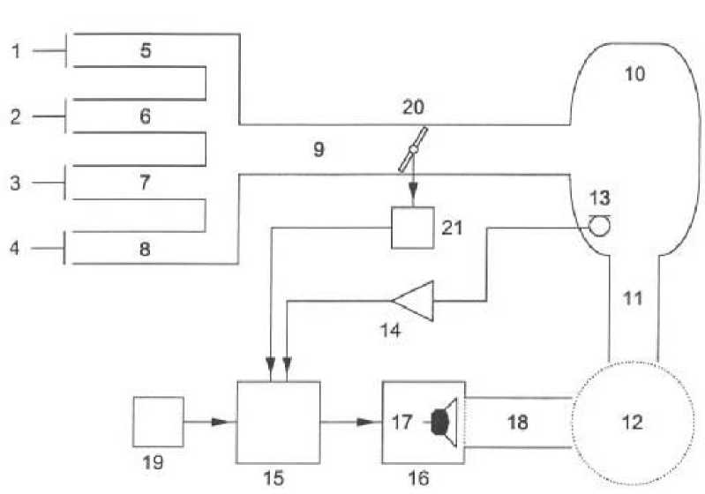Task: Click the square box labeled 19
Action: (158, 422)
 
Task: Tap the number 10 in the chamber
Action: (634, 74)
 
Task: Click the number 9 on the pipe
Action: (318, 148)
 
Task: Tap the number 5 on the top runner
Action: (146, 50)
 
